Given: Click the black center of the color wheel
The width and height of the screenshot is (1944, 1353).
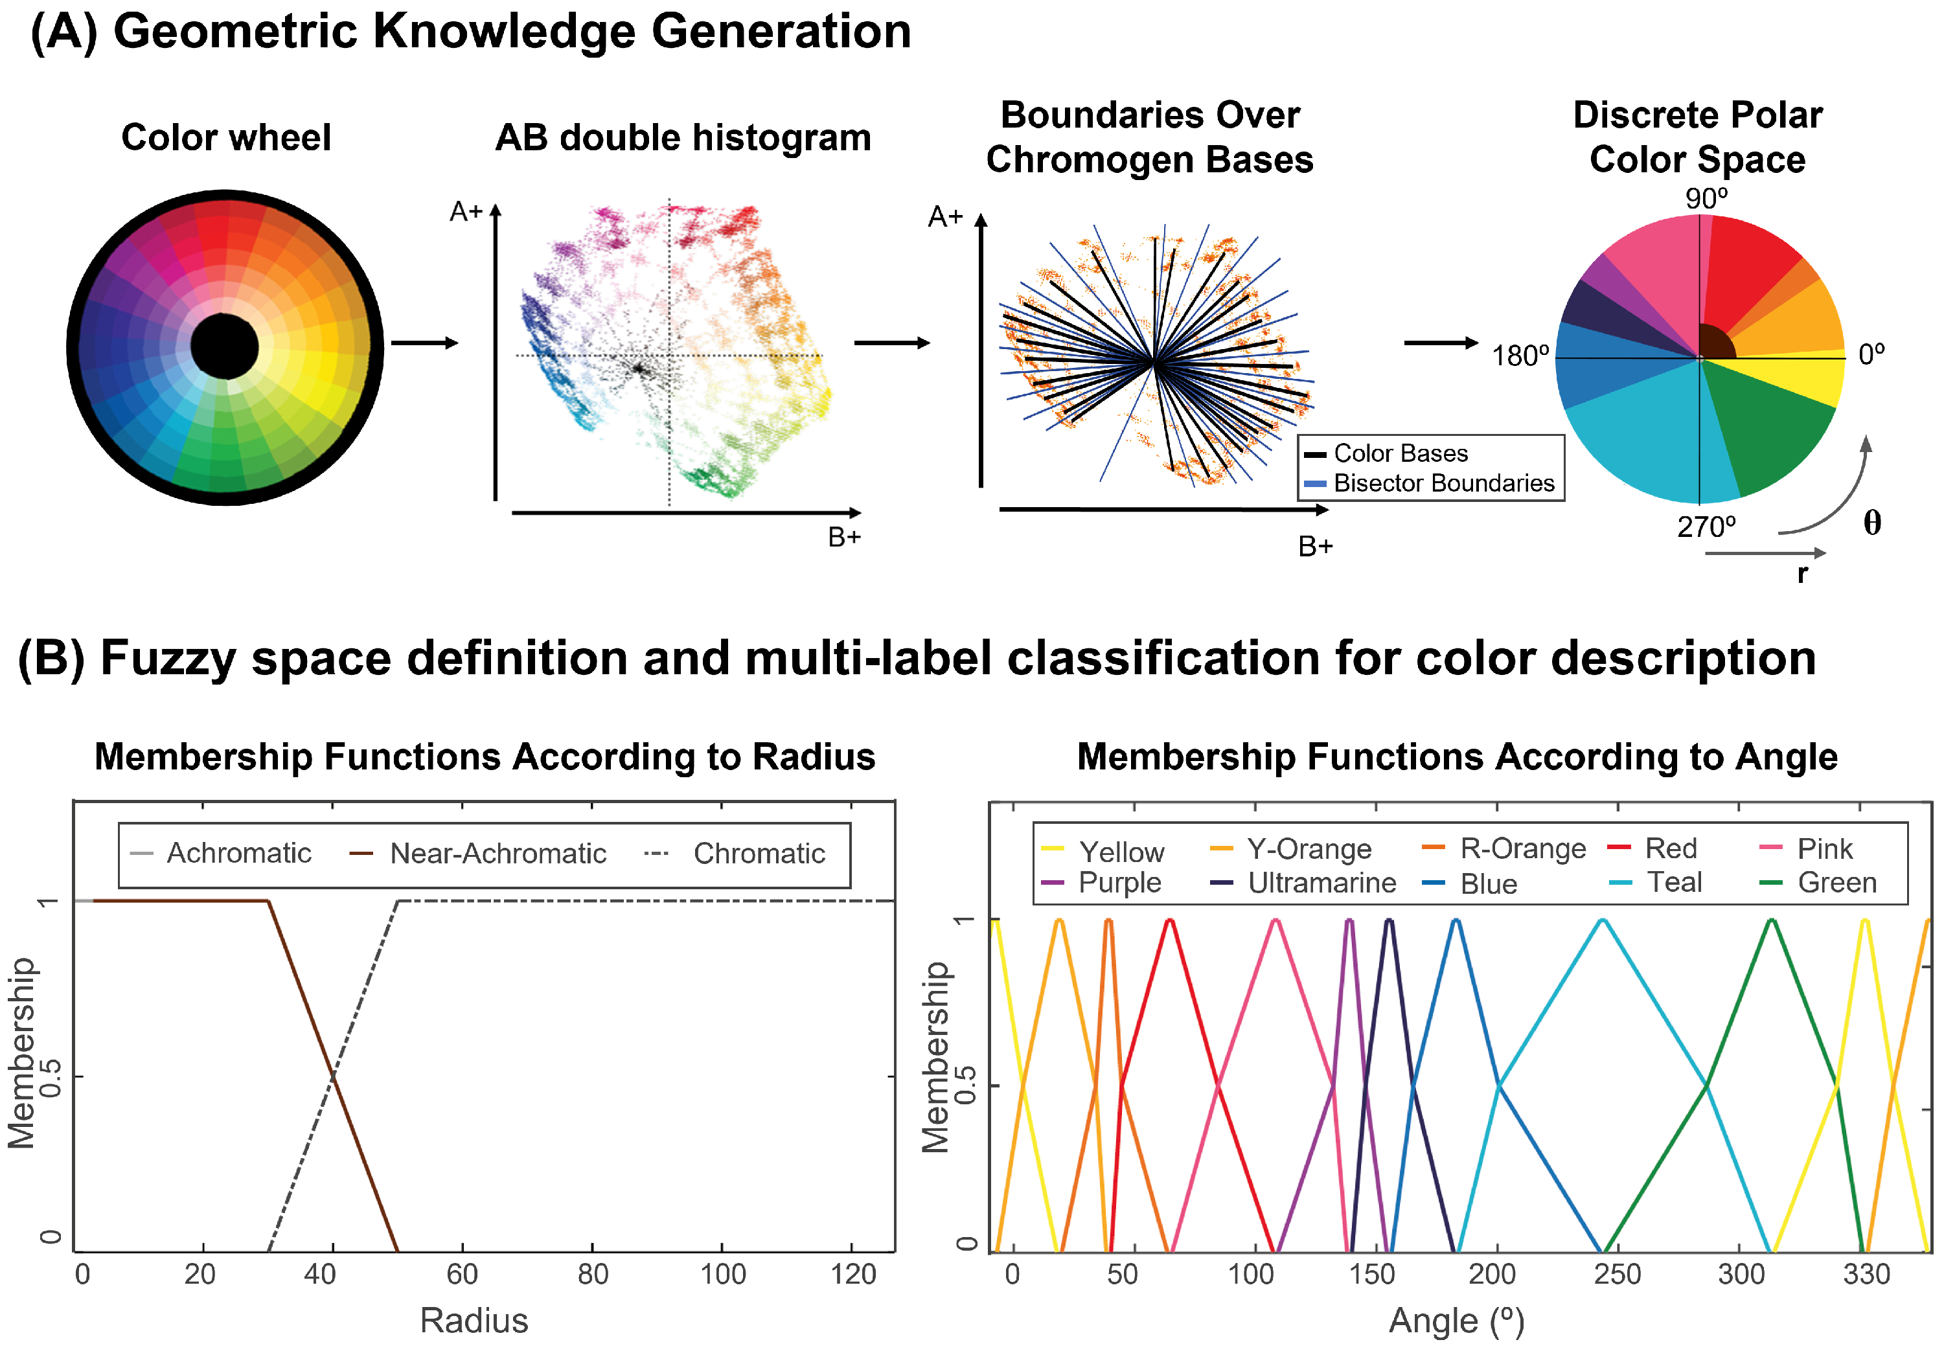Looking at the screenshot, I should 224,345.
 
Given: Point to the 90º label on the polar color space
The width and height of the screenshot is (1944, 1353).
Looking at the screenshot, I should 1705,198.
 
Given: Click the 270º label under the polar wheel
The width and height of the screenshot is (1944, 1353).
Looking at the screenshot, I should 1705,527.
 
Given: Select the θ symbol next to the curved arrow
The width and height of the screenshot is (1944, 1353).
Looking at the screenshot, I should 1872,523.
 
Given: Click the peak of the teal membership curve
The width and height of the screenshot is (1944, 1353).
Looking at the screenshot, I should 1602,920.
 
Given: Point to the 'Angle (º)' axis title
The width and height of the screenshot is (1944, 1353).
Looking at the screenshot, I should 1456,1321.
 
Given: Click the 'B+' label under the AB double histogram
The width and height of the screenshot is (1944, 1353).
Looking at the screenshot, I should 844,537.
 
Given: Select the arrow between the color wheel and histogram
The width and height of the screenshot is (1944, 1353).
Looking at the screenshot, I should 424,343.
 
